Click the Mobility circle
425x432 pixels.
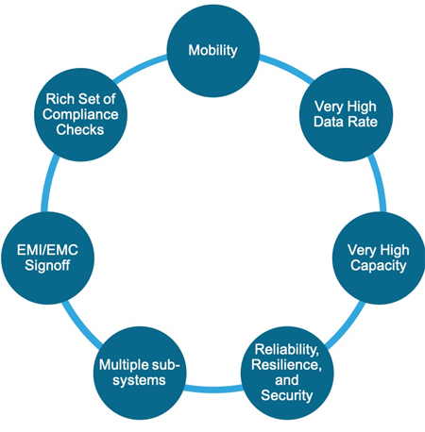tap(213, 51)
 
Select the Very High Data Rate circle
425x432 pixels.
tap(346, 115)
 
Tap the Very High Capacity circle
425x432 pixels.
tap(379, 258)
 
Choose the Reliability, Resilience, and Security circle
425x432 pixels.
tap(287, 374)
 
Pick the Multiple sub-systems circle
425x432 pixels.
tap(140, 374)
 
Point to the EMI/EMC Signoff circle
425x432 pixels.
tap(47, 258)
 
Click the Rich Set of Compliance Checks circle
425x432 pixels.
tap(80, 115)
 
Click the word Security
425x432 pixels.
tap(287, 395)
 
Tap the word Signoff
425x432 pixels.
tap(47, 266)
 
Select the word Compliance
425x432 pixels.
tap(80, 114)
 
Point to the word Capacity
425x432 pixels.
tap(379, 266)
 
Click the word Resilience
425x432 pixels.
tap(286, 365)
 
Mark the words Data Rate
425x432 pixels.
tap(346, 122)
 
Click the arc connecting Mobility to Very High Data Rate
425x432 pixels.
tap(288, 67)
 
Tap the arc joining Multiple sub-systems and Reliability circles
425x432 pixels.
tap(213, 390)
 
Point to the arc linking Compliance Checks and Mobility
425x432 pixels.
tap(139, 67)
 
